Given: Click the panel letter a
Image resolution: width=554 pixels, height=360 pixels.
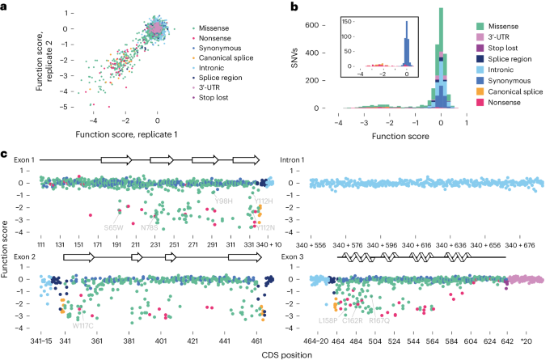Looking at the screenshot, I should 4,6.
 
